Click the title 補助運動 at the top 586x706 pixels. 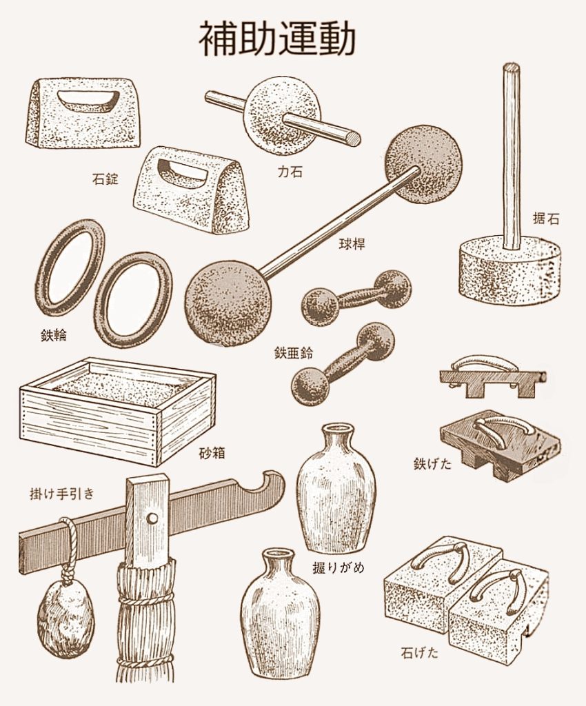pos(277,39)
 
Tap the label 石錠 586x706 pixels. pos(105,179)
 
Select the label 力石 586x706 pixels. pos(290,172)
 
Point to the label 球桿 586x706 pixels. pos(352,244)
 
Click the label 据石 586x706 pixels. pos(546,219)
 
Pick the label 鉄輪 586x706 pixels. pos(54,336)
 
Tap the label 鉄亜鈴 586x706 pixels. pos(294,352)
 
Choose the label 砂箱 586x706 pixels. pos(212,453)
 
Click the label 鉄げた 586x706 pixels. pos(432,463)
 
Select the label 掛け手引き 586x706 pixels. pos(61,494)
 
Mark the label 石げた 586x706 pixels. pos(419,652)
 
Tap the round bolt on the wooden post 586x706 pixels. pos(152,518)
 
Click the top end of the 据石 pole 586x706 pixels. pos(511,68)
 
